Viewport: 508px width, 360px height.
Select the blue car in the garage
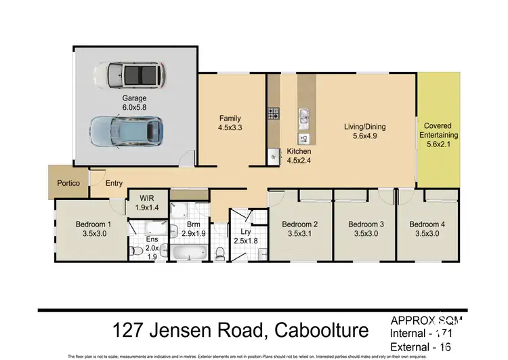point(127,129)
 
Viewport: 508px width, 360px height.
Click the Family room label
point(230,119)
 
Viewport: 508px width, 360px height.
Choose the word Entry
point(114,183)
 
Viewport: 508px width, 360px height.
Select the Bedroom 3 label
point(366,224)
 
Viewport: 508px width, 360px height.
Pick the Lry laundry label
point(245,231)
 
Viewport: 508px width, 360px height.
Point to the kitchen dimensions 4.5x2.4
point(299,161)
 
